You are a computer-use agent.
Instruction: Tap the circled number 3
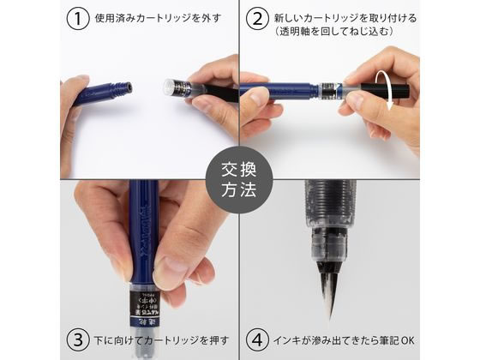pyautogui.click(x=78, y=340)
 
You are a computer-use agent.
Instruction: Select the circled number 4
pyautogui.click(x=258, y=340)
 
